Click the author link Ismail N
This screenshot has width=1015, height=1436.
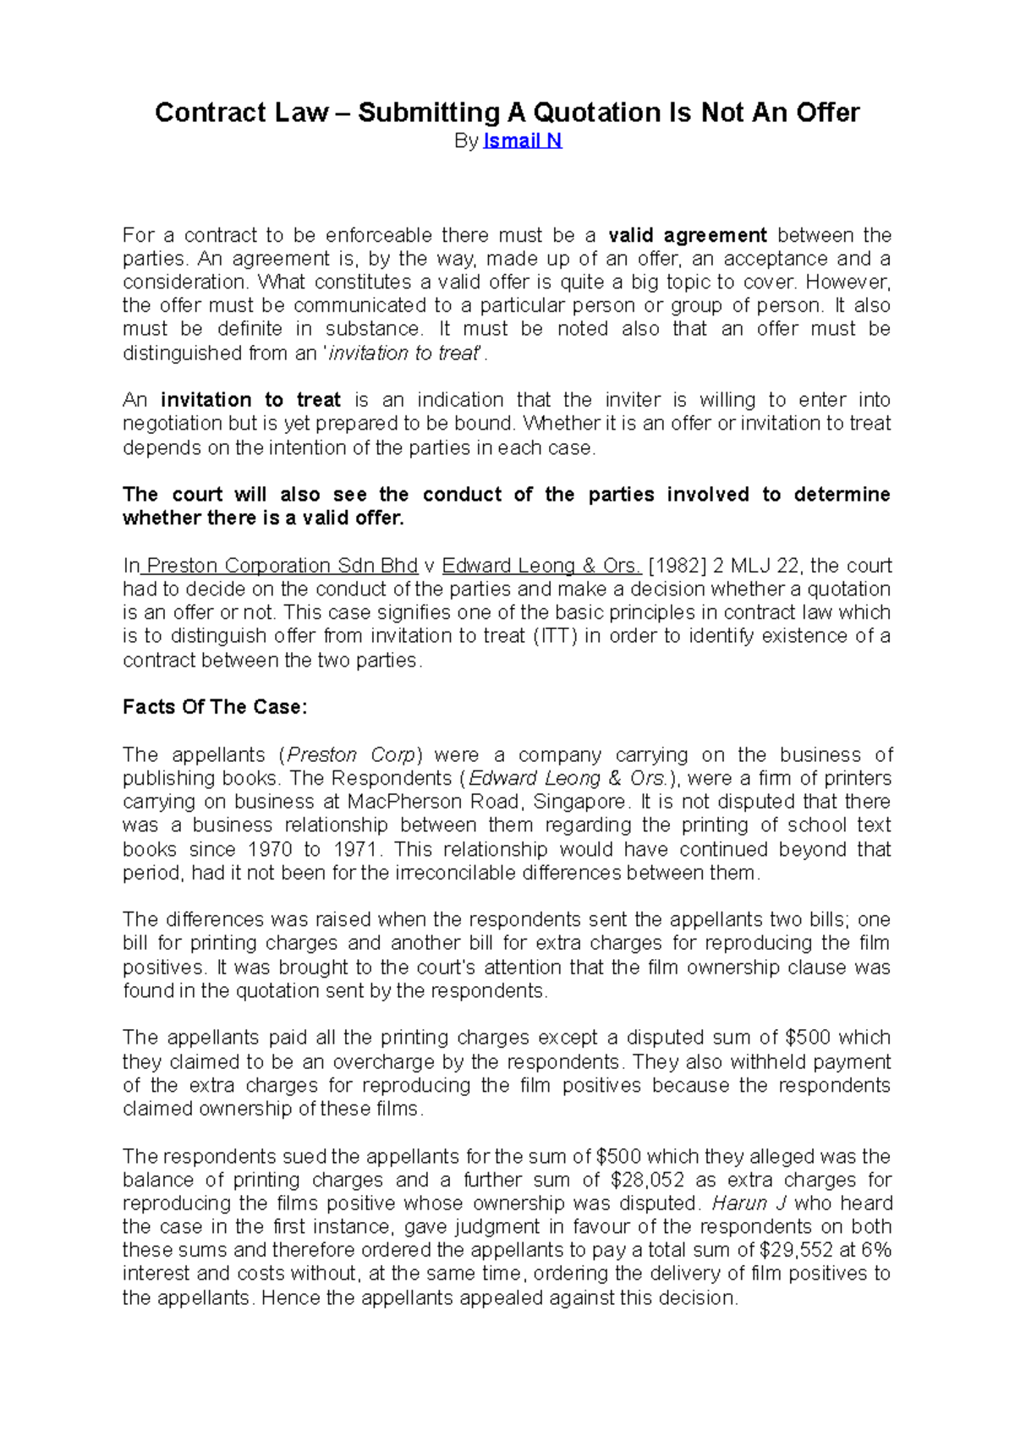[x=522, y=141]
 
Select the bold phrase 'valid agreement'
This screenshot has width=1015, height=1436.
[x=688, y=235]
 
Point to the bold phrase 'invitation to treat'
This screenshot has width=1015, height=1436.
[x=250, y=400]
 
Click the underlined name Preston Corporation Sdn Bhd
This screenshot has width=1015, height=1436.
[x=283, y=566]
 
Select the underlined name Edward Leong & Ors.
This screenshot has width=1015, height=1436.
[x=541, y=566]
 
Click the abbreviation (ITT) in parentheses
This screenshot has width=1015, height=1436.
[x=555, y=636]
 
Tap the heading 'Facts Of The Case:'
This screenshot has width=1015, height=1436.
[x=215, y=707]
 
